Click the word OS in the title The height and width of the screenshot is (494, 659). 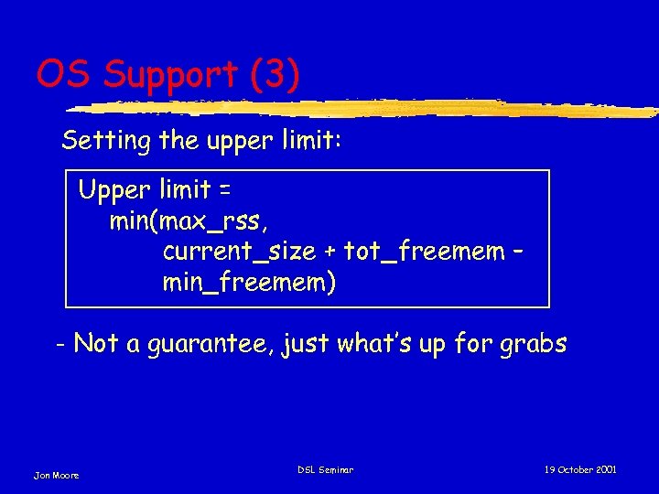[x=64, y=74]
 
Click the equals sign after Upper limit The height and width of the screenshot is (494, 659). [x=223, y=191]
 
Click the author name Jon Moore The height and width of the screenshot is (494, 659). [x=57, y=475]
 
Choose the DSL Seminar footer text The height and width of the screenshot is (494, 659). [x=325, y=470]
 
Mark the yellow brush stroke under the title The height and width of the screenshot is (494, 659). [x=366, y=108]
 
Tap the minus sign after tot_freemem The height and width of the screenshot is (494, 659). [x=517, y=250]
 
